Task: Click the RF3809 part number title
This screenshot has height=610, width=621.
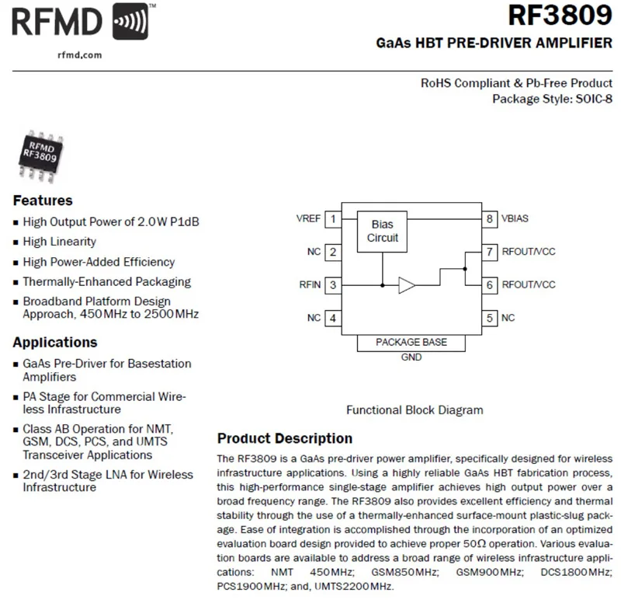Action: [560, 17]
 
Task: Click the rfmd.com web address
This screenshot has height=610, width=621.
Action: [79, 55]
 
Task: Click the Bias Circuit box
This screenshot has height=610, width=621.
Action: [382, 231]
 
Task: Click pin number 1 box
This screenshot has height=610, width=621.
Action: [333, 219]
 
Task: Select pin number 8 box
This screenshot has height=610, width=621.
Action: [490, 219]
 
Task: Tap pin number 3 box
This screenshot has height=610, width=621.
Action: [333, 285]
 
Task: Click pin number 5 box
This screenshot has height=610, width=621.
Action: [490, 318]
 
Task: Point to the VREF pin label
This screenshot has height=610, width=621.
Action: [308, 219]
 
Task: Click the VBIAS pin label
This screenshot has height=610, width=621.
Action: [515, 219]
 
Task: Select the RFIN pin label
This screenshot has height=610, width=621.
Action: [309, 285]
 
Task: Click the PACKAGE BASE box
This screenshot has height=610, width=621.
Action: [411, 343]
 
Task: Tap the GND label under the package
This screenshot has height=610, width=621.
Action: [411, 357]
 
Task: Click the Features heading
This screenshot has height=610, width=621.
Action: [43, 200]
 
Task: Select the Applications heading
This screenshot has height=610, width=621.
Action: [55, 343]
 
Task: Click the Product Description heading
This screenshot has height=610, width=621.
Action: [284, 438]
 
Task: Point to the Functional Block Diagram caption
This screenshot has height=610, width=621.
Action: [415, 410]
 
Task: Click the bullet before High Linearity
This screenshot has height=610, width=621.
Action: [16, 242]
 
